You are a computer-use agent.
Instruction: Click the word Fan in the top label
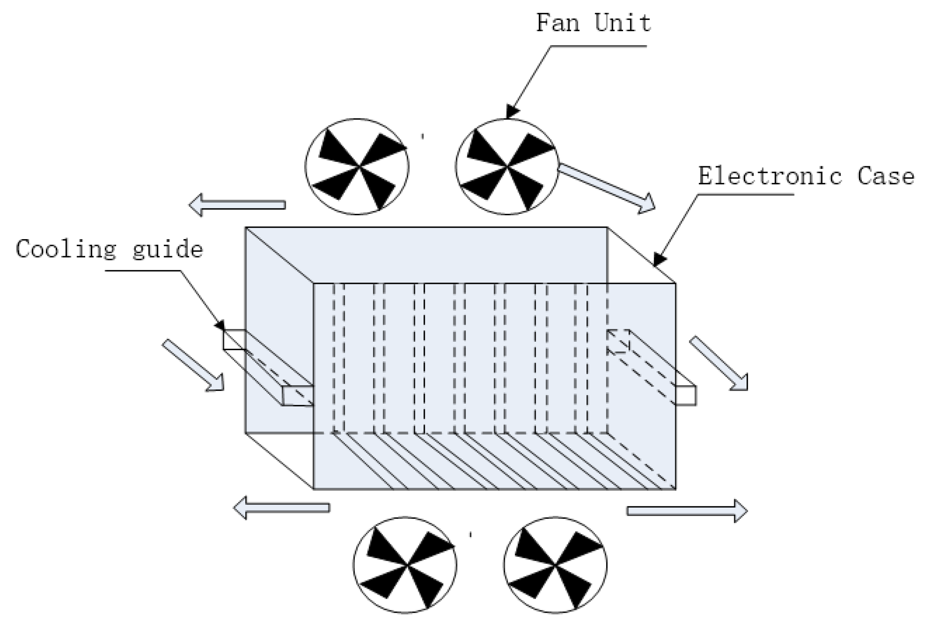click(x=557, y=23)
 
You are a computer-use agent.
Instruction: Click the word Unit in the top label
click(x=623, y=23)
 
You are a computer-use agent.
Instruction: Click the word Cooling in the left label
click(x=66, y=249)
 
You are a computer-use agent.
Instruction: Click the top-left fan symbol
click(x=357, y=167)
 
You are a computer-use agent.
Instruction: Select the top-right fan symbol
click(x=507, y=167)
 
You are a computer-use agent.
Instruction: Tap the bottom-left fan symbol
click(x=405, y=565)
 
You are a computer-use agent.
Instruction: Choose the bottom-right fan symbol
click(x=555, y=565)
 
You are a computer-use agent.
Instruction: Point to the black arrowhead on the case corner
click(x=659, y=259)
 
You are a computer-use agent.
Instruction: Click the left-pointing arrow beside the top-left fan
click(x=237, y=205)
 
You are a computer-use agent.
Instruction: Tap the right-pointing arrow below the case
click(x=687, y=511)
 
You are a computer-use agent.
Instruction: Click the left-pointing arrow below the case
click(x=281, y=508)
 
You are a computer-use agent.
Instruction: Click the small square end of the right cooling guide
click(x=686, y=395)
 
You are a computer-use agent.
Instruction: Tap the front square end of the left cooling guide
click(x=297, y=396)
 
